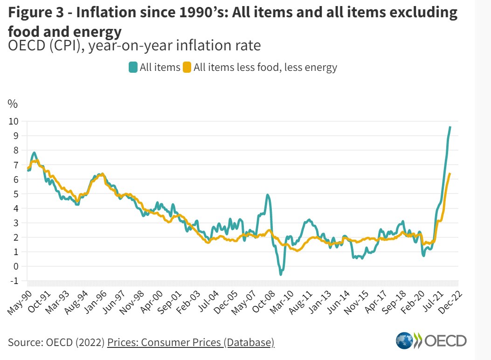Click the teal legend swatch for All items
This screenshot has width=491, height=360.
point(133,67)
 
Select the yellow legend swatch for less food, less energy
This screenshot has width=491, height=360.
point(187,67)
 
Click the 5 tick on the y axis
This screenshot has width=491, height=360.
point(15,194)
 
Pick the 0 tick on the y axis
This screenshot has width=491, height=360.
point(15,266)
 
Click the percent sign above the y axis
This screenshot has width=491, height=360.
point(13,104)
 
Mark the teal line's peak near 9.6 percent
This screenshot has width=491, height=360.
point(450,127)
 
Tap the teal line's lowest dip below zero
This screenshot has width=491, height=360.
point(281,275)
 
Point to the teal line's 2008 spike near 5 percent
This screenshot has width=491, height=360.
point(267,195)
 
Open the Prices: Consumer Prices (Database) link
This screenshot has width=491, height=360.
point(191,342)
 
